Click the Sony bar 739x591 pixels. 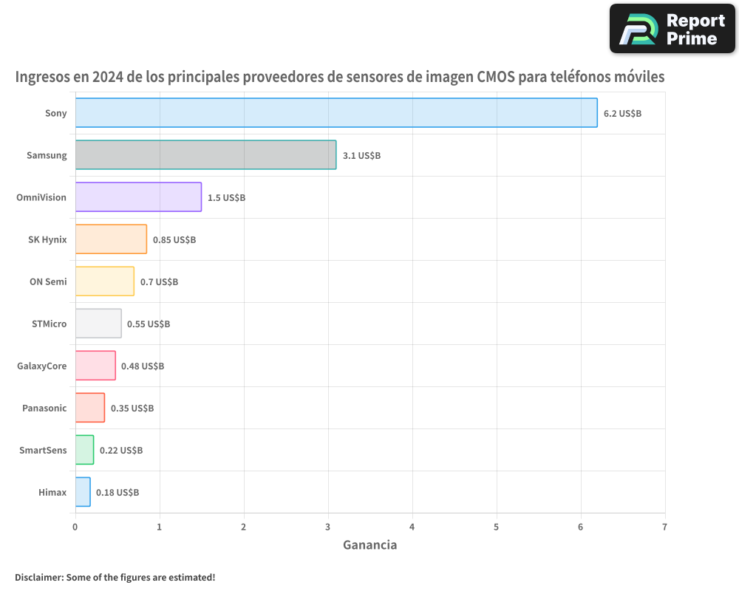click(x=336, y=112)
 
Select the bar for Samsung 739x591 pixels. click(x=205, y=154)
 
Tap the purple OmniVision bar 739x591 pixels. click(x=138, y=197)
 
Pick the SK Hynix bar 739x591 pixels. click(x=111, y=239)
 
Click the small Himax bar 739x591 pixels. click(x=83, y=491)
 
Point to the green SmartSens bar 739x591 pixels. click(x=84, y=449)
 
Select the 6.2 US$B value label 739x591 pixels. click(x=622, y=113)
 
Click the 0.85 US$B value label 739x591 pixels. click(x=174, y=239)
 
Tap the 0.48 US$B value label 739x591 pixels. click(x=143, y=366)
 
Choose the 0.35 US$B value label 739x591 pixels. click(x=132, y=408)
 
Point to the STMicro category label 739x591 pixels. click(x=50, y=324)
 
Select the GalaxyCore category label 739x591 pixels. click(x=42, y=366)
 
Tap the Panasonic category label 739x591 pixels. click(x=44, y=408)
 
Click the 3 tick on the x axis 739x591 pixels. click(x=327, y=527)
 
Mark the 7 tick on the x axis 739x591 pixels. click(x=664, y=527)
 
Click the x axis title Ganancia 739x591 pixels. click(x=369, y=545)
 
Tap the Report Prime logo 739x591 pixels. click(x=672, y=29)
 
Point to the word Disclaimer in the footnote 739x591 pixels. click(x=38, y=577)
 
